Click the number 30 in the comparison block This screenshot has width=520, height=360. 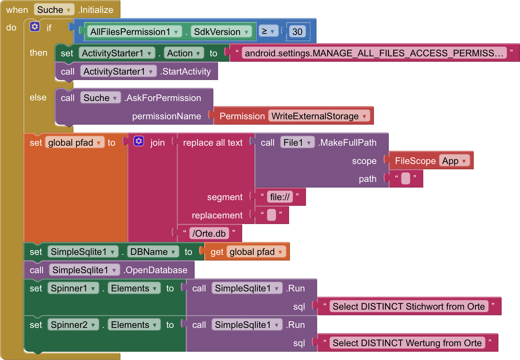pyautogui.click(x=297, y=31)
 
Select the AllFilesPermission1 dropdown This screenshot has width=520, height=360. pyautogui.click(x=134, y=31)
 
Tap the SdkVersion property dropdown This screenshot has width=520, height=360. pyautogui.click(x=221, y=31)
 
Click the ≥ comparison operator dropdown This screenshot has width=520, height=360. pyautogui.click(x=268, y=31)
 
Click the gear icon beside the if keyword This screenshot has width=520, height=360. pyautogui.click(x=35, y=27)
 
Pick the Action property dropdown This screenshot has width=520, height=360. pyautogui.click(x=184, y=53)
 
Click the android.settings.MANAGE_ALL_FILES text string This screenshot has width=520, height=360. pyautogui.click(x=374, y=53)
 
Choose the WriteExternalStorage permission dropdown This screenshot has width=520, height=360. pyautogui.click(x=319, y=116)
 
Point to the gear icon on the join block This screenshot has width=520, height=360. pyautogui.click(x=139, y=141)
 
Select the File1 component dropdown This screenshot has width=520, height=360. pyautogui.click(x=297, y=143)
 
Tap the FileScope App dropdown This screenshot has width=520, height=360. pyautogui.click(x=454, y=161)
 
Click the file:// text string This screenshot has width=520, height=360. pyautogui.click(x=280, y=197)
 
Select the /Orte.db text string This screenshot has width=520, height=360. pyautogui.click(x=209, y=233)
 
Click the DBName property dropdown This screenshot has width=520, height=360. pyautogui.click(x=153, y=252)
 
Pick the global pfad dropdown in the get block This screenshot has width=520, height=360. pyautogui.click(x=256, y=252)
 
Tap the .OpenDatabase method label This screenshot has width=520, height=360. pyautogui.click(x=155, y=270)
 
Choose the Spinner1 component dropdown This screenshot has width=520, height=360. pyautogui.click(x=73, y=288)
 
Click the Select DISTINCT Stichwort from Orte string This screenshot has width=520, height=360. pyautogui.click(x=409, y=306)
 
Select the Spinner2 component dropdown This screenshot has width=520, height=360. pyautogui.click(x=73, y=325)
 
